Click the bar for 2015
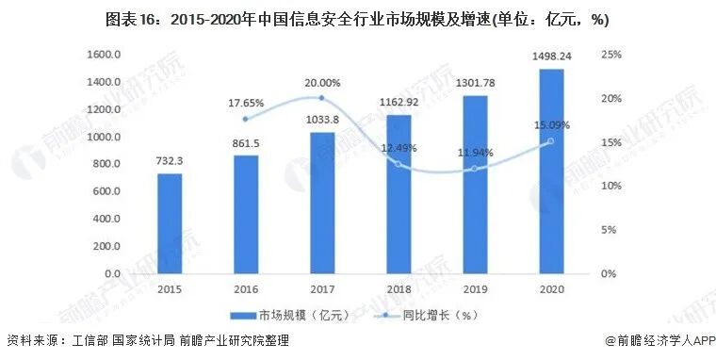click(x=170, y=223)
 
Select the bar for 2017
click(x=322, y=203)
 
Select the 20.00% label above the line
click(x=323, y=83)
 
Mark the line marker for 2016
click(x=246, y=119)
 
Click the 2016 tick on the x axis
click(x=246, y=289)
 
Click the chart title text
click(x=358, y=19)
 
